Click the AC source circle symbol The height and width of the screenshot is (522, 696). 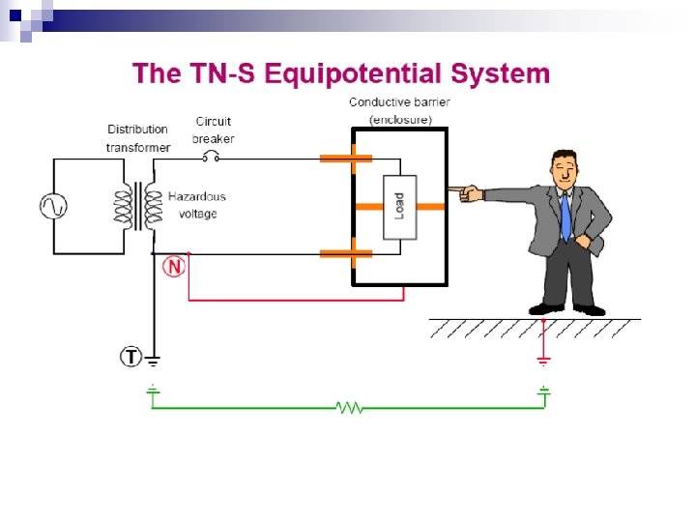[51, 206]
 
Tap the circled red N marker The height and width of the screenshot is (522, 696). [174, 266]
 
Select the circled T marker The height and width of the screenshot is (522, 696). [130, 357]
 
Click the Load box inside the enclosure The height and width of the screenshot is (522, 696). [399, 206]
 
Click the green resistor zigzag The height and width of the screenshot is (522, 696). [349, 408]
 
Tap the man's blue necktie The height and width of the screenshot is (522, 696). [565, 215]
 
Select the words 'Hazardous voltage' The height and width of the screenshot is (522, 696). [197, 205]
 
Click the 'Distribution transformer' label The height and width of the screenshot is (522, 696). [137, 138]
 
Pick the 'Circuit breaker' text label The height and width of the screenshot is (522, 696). [213, 130]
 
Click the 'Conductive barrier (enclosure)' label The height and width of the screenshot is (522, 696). [399, 110]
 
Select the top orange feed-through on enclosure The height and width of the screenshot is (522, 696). [346, 157]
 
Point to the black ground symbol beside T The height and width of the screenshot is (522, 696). [154, 361]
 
